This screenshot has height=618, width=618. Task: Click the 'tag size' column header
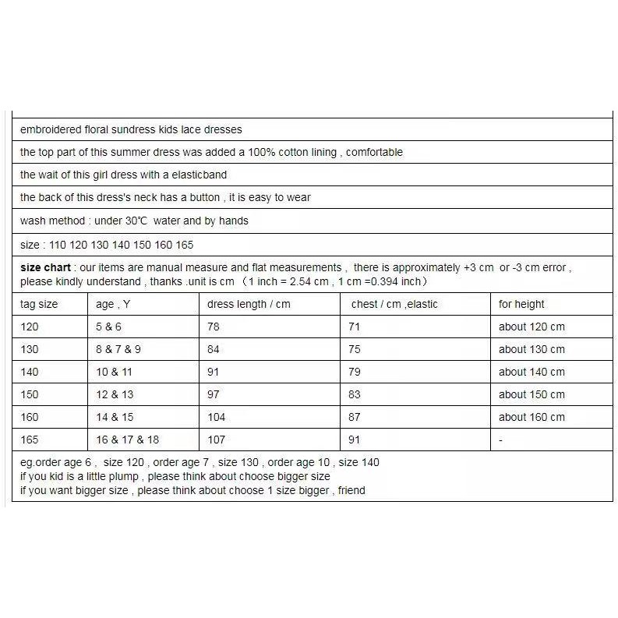39,304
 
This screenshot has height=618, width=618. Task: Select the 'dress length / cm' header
249,304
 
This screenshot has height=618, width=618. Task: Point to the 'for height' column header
521,304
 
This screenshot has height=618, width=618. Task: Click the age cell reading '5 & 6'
109,327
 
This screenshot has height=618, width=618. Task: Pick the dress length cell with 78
214,327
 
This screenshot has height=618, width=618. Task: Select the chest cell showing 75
355,349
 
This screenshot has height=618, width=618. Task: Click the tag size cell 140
30,372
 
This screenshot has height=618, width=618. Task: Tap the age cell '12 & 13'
115,394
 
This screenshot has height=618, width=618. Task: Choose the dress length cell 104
216,417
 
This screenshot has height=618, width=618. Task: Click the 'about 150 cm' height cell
531,394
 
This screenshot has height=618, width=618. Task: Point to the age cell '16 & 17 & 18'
127,440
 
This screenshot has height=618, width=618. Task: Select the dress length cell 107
216,440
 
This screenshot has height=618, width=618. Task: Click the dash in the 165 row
500,440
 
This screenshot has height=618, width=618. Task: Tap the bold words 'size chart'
45,267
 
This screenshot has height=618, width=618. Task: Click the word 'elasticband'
198,175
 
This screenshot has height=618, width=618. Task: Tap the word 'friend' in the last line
351,490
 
